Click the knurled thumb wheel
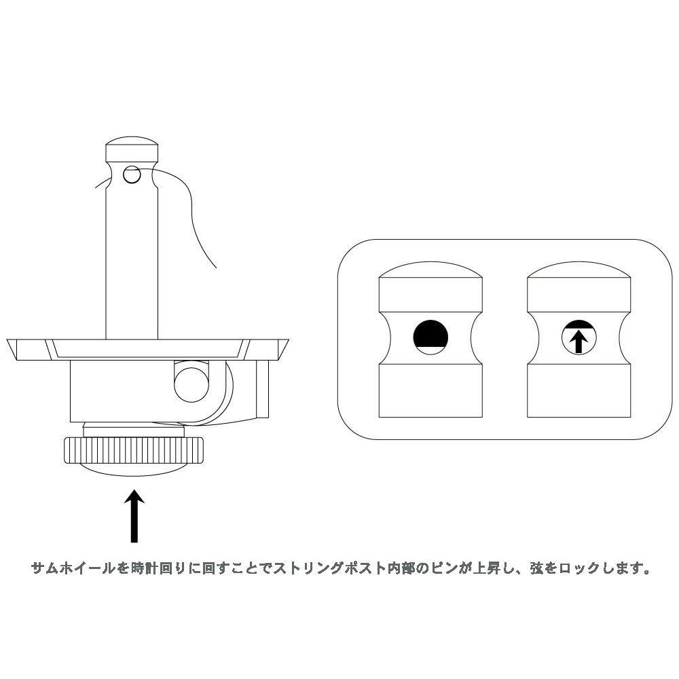133,449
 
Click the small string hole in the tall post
131,175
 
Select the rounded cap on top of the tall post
132,149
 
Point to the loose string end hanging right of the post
197,224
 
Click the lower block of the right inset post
579,390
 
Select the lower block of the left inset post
430,390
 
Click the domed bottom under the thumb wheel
133,471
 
